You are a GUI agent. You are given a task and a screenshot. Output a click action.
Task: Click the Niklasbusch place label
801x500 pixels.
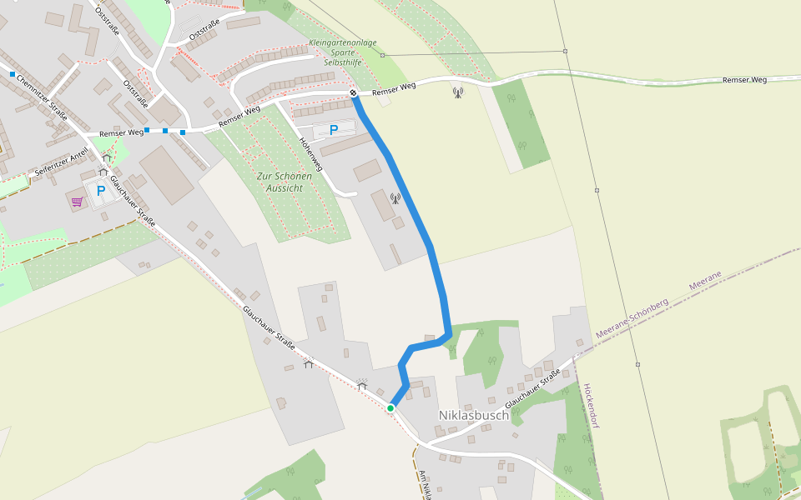click(473, 414)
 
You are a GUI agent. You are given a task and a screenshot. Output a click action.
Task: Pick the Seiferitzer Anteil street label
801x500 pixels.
click(62, 163)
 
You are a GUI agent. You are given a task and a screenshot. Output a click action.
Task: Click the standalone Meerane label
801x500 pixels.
click(705, 280)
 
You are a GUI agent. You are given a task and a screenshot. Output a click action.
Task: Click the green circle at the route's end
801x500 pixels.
click(390, 407)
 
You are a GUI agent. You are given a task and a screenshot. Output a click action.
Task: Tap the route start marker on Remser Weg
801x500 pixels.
click(354, 93)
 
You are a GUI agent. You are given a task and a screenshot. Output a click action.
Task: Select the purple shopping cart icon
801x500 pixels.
click(77, 201)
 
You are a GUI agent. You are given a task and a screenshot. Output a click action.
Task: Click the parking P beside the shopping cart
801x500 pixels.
click(101, 192)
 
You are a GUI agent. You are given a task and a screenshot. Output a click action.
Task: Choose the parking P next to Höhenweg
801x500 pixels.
click(334, 129)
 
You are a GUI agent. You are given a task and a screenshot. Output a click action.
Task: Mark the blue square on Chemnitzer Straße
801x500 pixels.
click(13, 74)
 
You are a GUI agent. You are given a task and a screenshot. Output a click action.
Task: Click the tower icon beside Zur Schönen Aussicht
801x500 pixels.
click(395, 198)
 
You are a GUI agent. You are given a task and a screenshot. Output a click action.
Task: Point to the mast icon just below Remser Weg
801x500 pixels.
click(457, 92)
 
